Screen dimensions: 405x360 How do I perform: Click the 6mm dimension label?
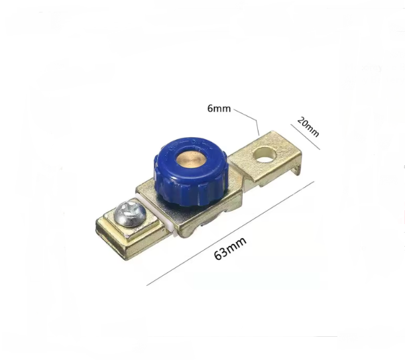tap(219, 109)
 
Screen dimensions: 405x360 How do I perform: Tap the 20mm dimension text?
tap(308, 127)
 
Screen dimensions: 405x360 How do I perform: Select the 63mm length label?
tap(230, 249)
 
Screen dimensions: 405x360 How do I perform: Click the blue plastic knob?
tap(191, 171)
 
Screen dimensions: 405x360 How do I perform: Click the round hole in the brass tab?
tap(264, 154)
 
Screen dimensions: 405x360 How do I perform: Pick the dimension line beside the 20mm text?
tap(306, 137)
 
